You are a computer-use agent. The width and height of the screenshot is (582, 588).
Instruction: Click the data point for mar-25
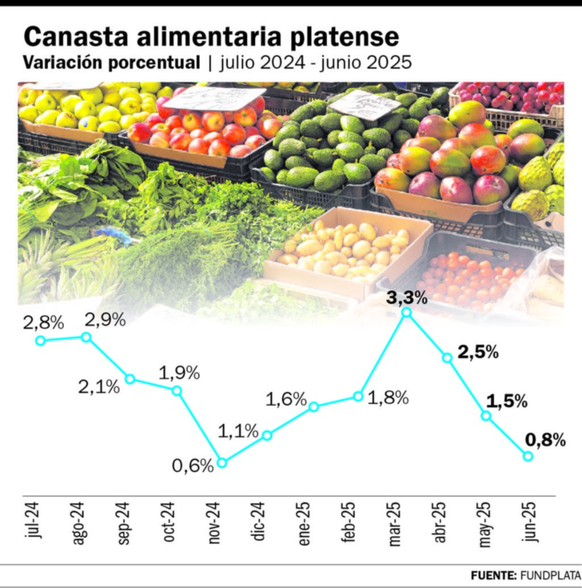[x=406, y=312]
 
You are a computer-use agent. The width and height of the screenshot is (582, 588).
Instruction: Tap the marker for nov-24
[x=222, y=462]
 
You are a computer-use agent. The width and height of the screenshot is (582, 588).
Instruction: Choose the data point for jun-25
[x=527, y=456]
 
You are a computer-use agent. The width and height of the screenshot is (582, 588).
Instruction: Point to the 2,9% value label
[x=105, y=320]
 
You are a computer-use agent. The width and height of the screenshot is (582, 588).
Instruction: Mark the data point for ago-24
[x=86, y=337]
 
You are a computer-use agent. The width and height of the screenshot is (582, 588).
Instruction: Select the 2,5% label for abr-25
[x=478, y=352]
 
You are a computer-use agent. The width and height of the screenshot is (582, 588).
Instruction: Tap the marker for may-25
[x=486, y=415]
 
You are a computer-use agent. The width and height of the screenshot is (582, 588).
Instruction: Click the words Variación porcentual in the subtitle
[x=111, y=62]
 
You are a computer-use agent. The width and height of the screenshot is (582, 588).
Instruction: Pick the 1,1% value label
[x=238, y=432]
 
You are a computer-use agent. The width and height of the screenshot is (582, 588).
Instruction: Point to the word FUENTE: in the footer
[x=492, y=575]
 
